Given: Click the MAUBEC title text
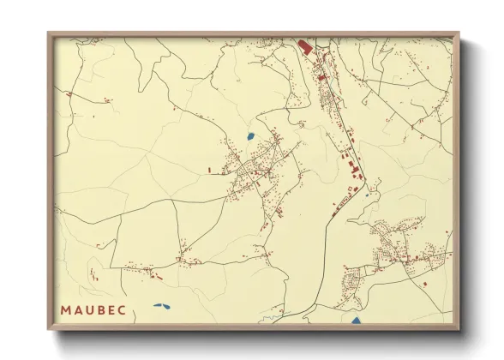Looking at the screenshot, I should [x=95, y=308].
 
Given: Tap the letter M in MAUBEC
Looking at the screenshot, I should [x=66, y=308].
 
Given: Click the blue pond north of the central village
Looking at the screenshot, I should [x=249, y=135].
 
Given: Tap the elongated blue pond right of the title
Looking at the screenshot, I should [x=161, y=305].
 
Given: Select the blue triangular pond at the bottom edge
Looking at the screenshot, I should [x=357, y=321].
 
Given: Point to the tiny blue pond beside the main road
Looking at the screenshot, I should [x=367, y=195].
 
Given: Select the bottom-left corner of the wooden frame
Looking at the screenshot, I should [x=49, y=330].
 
